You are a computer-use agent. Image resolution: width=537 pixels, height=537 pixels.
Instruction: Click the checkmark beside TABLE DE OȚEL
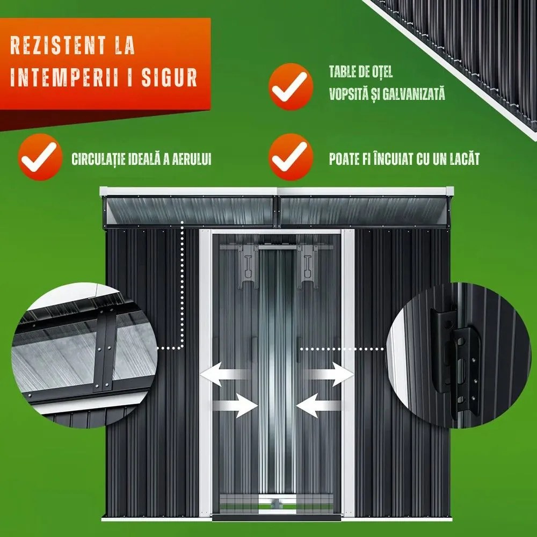point(291,86)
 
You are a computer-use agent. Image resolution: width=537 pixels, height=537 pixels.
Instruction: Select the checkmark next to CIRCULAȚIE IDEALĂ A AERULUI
point(40,157)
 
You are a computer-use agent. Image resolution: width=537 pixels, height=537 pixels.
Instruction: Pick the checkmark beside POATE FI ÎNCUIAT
point(291,157)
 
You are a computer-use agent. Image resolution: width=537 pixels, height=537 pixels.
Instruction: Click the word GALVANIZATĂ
point(413,93)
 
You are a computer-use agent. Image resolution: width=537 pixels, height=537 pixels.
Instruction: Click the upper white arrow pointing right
point(329,374)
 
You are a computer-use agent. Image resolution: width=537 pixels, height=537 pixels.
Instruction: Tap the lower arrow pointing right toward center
point(235,405)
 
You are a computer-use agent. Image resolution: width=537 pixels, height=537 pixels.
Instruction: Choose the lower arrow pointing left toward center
point(319,405)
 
